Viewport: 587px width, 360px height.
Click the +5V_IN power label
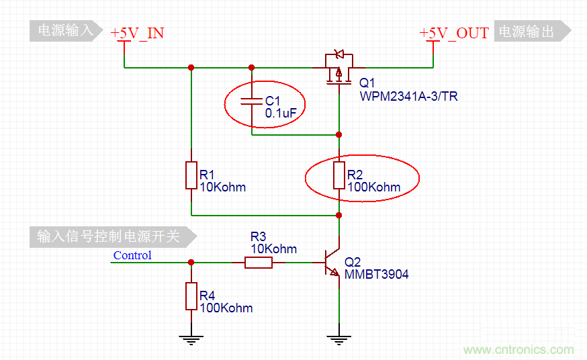pos(138,33)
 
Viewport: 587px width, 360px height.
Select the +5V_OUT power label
pos(454,33)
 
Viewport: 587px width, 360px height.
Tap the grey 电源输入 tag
pos(64,31)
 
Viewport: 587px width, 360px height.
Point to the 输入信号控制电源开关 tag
pos(111,236)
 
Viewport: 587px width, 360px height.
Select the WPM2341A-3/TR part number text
pos(408,97)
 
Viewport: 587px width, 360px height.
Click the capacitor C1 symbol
pos(252,101)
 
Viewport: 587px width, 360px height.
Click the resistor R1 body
pos(191,175)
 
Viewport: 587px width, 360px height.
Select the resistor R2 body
pos(339,175)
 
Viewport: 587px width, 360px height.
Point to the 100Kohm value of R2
pos(373,187)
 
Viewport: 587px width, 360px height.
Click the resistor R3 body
pos(259,262)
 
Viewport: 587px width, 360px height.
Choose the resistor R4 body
pos(191,296)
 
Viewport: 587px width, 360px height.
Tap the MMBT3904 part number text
pos(376,275)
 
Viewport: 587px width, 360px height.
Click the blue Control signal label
pos(132,255)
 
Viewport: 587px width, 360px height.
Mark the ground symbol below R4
pos(191,339)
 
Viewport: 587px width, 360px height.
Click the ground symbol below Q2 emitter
pos(339,339)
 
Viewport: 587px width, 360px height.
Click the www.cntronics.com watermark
pos(518,350)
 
